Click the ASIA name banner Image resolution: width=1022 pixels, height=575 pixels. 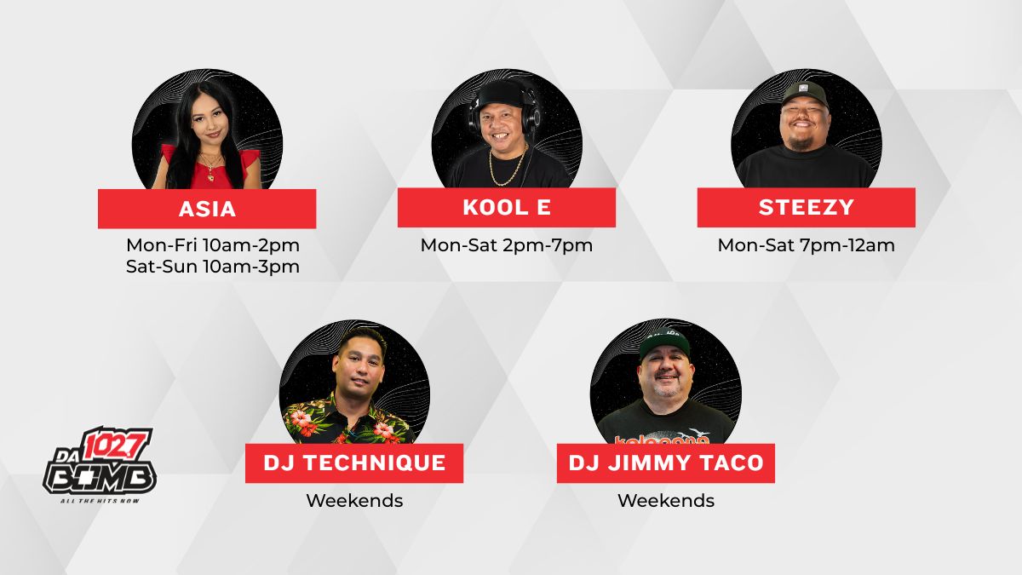207,209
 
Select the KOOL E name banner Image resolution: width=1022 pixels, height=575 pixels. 507,207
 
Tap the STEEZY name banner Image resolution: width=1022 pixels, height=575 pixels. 807,207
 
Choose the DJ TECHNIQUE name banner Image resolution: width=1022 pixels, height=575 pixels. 354,463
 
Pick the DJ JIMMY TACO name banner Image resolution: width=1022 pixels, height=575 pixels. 666,463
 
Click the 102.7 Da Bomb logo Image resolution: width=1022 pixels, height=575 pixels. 100,464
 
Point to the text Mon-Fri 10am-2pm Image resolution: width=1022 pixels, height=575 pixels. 213,245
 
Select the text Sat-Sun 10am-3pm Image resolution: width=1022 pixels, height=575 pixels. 213,267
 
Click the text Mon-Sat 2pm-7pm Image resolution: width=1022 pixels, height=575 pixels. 507,245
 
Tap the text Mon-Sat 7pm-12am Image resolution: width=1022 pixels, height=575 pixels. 807,245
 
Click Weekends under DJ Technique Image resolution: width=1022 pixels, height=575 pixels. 354,501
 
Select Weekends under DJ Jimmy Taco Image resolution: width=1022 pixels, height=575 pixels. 666,501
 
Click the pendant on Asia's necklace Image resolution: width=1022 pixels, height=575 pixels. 210,175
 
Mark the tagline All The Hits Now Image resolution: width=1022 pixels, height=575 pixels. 100,501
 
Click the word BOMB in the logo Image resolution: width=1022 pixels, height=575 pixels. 100,478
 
